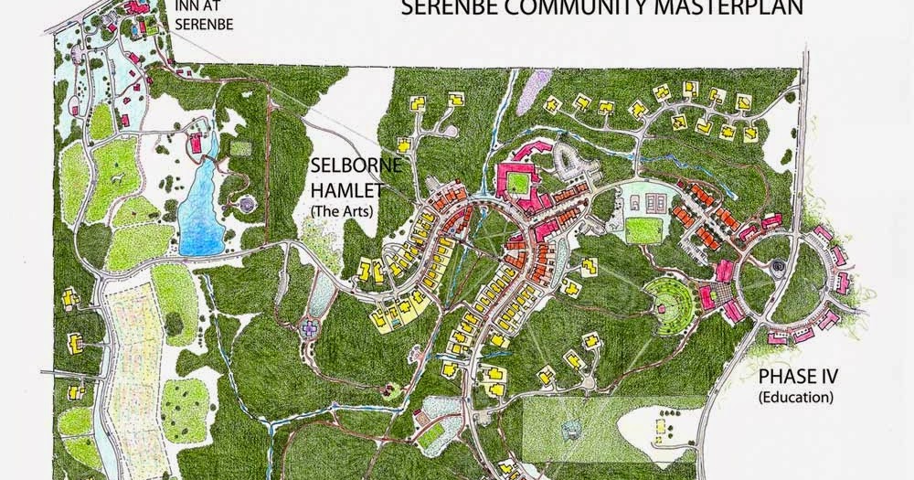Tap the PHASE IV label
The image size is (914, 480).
794,377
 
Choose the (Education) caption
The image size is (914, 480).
795,397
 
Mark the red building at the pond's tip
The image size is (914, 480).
195,142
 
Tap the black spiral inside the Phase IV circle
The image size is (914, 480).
778,266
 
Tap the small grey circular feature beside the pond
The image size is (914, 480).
245,202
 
